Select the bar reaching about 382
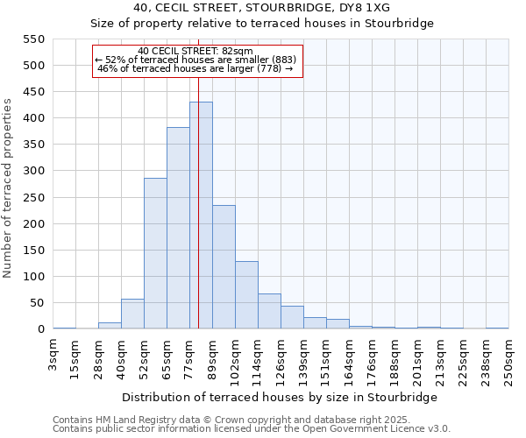[178, 228]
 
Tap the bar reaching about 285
[155, 253]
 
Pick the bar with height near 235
[224, 267]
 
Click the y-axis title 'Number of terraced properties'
[8, 187]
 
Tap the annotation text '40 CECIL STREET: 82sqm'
[195, 51]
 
